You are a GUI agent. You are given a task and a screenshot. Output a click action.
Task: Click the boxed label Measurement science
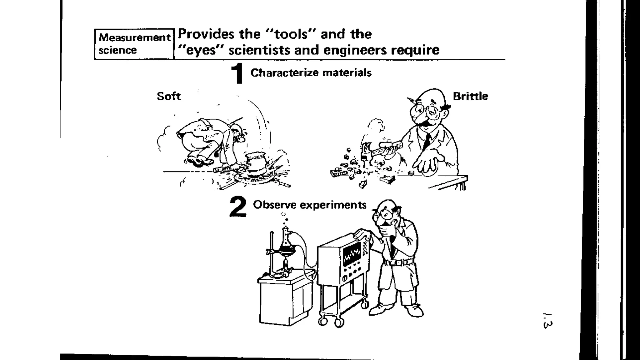pos(134,44)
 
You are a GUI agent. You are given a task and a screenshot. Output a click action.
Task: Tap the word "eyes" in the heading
pos(200,50)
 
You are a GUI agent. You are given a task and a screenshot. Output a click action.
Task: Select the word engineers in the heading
pos(354,50)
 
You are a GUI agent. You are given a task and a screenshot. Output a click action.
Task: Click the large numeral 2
pos(238,207)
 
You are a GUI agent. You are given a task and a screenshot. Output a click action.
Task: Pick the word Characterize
pos(284,73)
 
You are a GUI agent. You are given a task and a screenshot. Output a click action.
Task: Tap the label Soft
pos(169,96)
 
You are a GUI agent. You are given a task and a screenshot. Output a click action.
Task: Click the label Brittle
pos(470,96)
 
